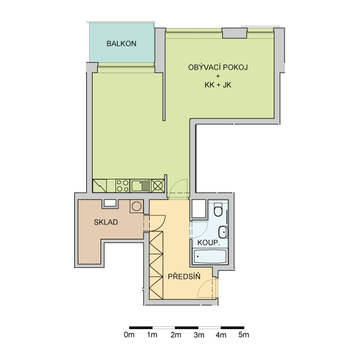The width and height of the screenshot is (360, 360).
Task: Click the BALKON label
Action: point(121,43)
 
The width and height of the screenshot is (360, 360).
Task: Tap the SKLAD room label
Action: point(106,222)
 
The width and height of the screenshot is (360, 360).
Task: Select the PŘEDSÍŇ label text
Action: point(184,276)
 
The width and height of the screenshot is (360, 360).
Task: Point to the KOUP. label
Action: point(209,243)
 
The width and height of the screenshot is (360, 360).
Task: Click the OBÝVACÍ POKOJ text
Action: point(218,67)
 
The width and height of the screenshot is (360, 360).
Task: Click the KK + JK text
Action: point(218,85)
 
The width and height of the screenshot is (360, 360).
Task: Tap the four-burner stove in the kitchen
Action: point(122,186)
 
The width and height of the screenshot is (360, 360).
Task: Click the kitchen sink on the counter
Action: point(140,186)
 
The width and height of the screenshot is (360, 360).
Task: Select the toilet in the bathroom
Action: point(218,209)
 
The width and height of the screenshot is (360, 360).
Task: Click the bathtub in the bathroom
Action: point(210,256)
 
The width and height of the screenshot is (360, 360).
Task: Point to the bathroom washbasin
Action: point(223,232)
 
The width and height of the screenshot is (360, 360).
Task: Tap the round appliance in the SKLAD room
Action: point(137,206)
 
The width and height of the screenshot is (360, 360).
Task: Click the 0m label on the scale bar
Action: point(129,335)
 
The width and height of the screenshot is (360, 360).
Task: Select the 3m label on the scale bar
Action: point(199,335)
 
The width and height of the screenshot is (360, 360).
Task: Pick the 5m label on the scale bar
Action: point(243,335)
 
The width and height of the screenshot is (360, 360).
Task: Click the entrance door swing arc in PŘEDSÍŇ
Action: point(202,284)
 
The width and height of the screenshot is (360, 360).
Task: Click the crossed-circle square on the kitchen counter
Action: point(158,186)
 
